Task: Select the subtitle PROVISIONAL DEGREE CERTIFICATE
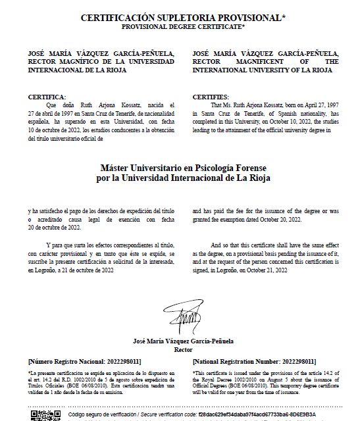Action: [x=182, y=26]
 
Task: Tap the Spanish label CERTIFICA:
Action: [x=47, y=97]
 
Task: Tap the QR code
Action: [x=41, y=415]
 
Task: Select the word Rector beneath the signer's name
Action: [x=182, y=351]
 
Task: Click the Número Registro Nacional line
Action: [x=84, y=361]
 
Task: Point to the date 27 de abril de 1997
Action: [x=56, y=112]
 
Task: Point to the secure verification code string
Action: [x=264, y=416]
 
